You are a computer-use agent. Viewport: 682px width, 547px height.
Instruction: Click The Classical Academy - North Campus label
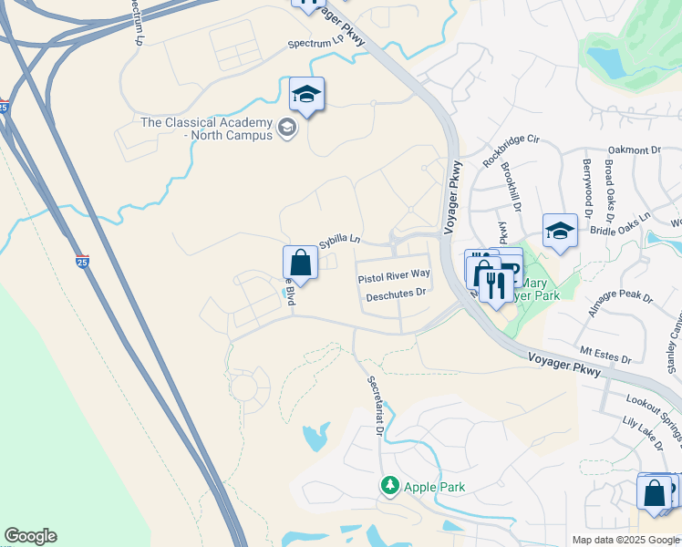pyautogui.click(x=205, y=129)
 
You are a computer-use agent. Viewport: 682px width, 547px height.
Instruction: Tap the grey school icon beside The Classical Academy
pyautogui.click(x=288, y=128)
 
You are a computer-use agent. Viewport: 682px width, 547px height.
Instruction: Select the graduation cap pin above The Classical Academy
pyautogui.click(x=307, y=95)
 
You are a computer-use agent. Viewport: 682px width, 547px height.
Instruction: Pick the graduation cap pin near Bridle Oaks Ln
pyautogui.click(x=560, y=231)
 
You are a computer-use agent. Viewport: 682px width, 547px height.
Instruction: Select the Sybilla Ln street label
pyautogui.click(x=340, y=242)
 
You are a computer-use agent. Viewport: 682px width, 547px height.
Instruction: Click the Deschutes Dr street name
pyautogui.click(x=397, y=294)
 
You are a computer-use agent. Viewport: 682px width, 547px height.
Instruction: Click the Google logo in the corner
pyautogui.click(x=30, y=536)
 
